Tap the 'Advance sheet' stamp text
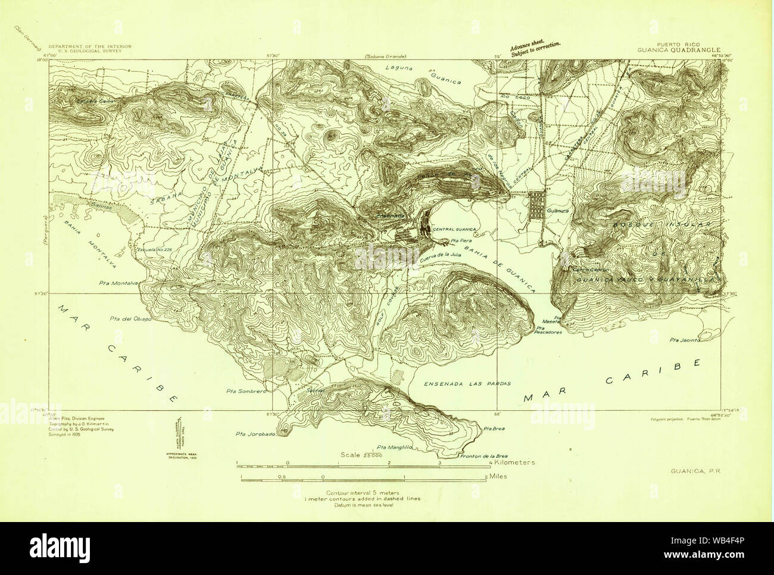click(535, 49)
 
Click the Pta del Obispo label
click(131, 319)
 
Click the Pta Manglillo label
click(392, 446)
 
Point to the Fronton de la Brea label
click(482, 457)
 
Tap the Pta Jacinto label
click(684, 340)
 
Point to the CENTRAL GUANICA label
click(454, 229)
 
